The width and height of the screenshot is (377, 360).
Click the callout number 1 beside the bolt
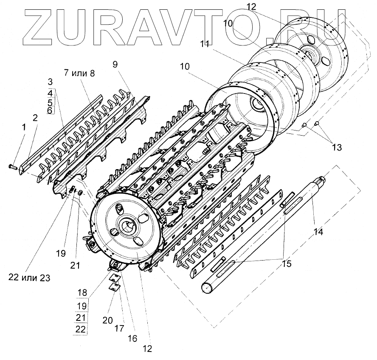pos(24,127)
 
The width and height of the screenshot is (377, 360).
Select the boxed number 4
pos(50,92)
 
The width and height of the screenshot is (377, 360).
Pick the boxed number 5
pos(50,102)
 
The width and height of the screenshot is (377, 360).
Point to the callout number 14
pos(318,232)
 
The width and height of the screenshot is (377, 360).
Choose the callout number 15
pos(287,264)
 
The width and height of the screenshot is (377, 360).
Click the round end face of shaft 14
pos(206,288)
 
